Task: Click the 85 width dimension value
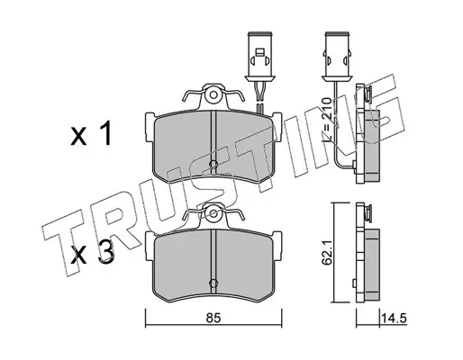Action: point(213,318)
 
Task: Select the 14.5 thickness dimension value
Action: point(394,318)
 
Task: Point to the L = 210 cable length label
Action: point(326,120)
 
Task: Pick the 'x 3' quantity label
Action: point(92,253)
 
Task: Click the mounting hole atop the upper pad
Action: point(213,95)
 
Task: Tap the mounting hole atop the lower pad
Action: point(213,213)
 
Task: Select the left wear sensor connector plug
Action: point(259,56)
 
